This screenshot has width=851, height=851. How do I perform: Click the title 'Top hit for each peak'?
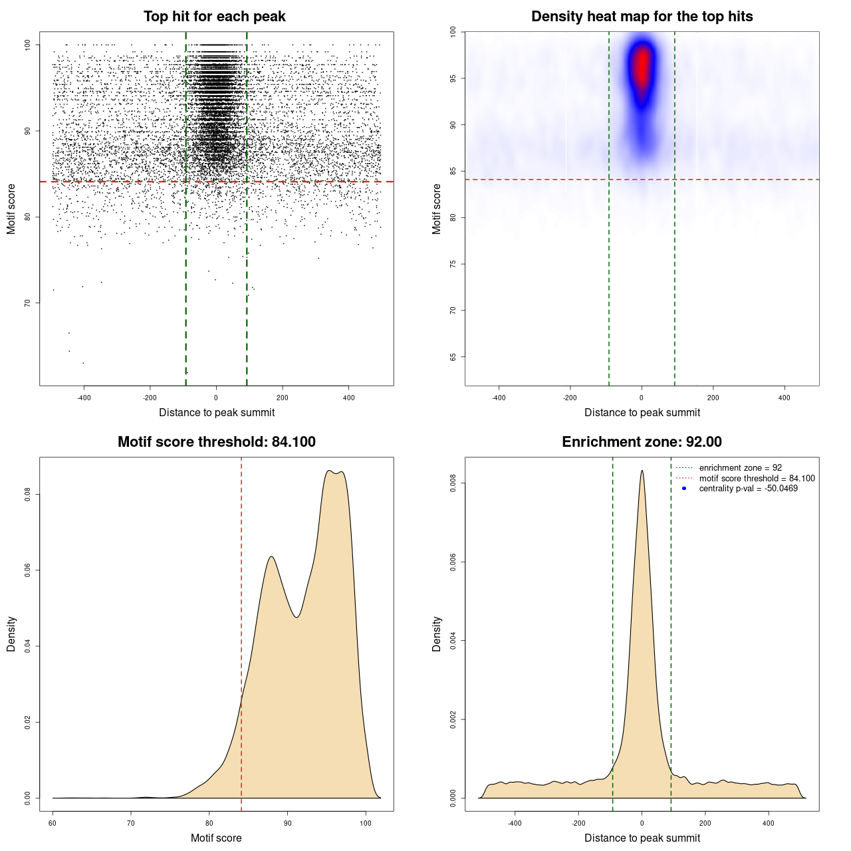click(214, 17)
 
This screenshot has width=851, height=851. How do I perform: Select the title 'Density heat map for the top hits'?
click(642, 17)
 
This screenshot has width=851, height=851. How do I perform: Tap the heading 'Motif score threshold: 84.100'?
click(216, 442)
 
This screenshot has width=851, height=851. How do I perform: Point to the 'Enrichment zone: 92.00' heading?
click(642, 442)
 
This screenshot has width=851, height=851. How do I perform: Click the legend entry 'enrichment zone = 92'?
click(740, 468)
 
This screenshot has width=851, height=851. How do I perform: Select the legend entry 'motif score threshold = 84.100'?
click(757, 478)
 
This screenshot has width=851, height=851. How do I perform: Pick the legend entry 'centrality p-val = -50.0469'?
click(748, 489)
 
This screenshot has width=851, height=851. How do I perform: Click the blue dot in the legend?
click(684, 489)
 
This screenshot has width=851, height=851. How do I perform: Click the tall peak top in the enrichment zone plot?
click(642, 471)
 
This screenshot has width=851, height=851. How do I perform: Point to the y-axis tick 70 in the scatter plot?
click(28, 303)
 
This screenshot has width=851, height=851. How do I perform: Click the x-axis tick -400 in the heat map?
click(499, 398)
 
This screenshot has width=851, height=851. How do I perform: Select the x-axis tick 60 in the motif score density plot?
click(53, 823)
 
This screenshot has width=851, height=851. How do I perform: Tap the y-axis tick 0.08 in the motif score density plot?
click(28, 495)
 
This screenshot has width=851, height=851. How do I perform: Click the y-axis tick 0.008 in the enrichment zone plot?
click(453, 483)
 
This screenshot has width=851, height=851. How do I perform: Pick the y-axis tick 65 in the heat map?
click(453, 357)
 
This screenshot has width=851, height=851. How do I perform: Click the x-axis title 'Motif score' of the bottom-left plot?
click(216, 838)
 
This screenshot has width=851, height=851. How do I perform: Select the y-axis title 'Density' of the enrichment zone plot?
click(437, 634)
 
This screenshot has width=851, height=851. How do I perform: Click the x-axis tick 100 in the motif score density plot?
click(366, 823)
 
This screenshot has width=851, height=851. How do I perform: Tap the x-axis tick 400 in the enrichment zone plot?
click(769, 823)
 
